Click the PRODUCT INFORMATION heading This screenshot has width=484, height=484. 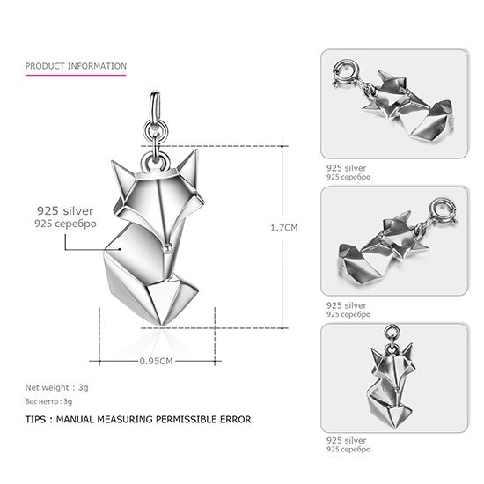[x=76, y=66]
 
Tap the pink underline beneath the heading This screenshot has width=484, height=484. [x=76, y=75]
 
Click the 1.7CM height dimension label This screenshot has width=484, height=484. [x=284, y=228]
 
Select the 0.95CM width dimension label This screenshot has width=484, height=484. [x=156, y=361]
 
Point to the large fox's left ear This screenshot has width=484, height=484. [x=122, y=179]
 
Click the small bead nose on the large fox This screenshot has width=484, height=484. [x=167, y=246]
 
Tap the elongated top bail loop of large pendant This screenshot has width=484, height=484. [x=155, y=106]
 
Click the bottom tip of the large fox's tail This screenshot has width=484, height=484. [x=161, y=326]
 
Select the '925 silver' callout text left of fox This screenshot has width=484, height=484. [x=65, y=211]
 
